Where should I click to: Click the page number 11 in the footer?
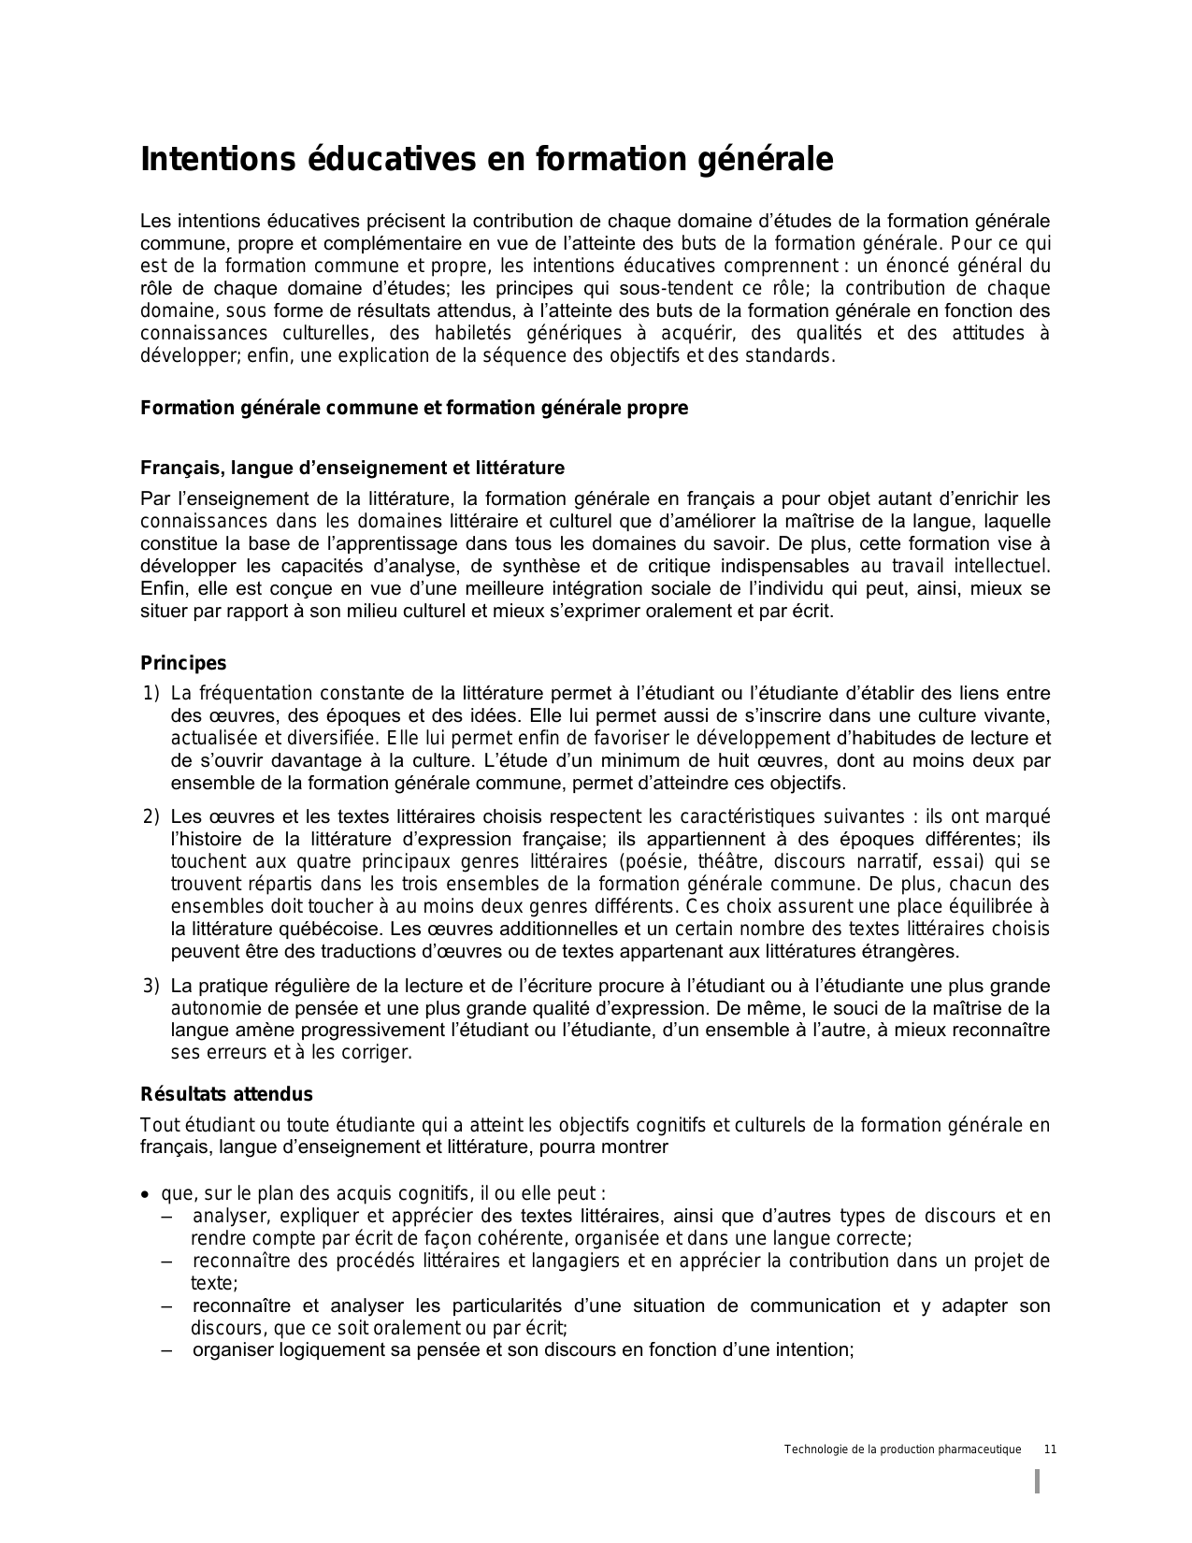pos(1050,1449)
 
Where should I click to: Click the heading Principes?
pos(183,663)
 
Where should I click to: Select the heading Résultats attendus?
pos(226,1094)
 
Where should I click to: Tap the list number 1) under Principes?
pos(151,693)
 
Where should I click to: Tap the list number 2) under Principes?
pos(151,816)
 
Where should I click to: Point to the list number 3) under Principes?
pos(151,986)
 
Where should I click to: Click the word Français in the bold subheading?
pos(176,468)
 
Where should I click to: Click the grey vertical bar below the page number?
pos(1037,1482)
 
